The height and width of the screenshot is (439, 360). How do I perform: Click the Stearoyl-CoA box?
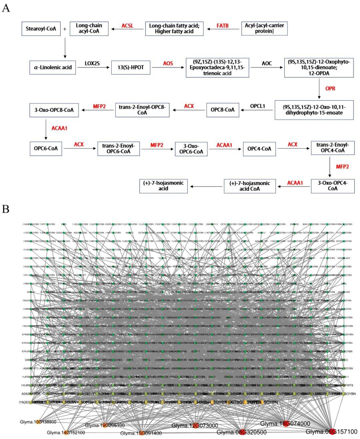coord(41,29)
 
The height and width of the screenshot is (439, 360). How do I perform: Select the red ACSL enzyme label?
coord(127,26)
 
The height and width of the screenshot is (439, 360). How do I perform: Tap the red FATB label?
coord(223,25)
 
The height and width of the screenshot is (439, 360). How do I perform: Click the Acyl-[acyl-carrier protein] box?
coord(264,28)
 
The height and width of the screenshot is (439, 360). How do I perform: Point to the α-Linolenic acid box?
coord(53,67)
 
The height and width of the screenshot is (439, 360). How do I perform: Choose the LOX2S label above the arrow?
coord(92,63)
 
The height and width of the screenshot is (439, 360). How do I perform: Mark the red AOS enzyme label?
coord(168,63)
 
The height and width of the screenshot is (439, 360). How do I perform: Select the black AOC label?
coord(267,63)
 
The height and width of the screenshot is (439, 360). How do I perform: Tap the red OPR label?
coord(330,89)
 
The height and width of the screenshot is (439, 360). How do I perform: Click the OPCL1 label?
coord(258,106)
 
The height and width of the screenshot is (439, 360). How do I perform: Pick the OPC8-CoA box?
coord(222,110)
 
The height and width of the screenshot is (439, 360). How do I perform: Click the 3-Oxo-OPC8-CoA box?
coord(54,110)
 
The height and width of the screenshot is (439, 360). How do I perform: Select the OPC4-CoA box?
coord(259,149)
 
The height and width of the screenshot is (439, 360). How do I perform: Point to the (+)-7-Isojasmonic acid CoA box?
coord(249,186)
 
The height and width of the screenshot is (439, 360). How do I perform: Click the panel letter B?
coord(6,209)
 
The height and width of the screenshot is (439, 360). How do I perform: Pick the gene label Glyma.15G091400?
coord(141,433)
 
